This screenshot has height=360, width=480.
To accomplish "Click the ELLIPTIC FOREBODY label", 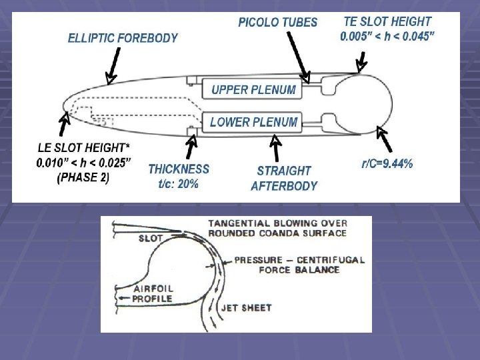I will pyautogui.click(x=123, y=38).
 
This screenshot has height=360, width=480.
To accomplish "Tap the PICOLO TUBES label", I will pyautogui.click(x=277, y=23).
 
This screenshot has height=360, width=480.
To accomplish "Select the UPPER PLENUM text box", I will pyautogui.click(x=253, y=89).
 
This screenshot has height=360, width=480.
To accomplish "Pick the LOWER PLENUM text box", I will pyautogui.click(x=253, y=122).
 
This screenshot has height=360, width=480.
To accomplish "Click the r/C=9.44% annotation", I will pyautogui.click(x=386, y=163).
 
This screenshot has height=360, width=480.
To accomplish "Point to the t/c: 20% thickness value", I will pyautogui.click(x=173, y=184).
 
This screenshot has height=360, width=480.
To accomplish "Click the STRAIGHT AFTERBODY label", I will pyautogui.click(x=284, y=178).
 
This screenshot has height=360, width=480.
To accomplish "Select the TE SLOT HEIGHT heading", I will pyautogui.click(x=387, y=21).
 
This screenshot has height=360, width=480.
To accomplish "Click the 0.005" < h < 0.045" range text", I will pyautogui.click(x=387, y=36).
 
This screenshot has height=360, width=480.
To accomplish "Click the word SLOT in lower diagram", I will pyautogui.click(x=150, y=237).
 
